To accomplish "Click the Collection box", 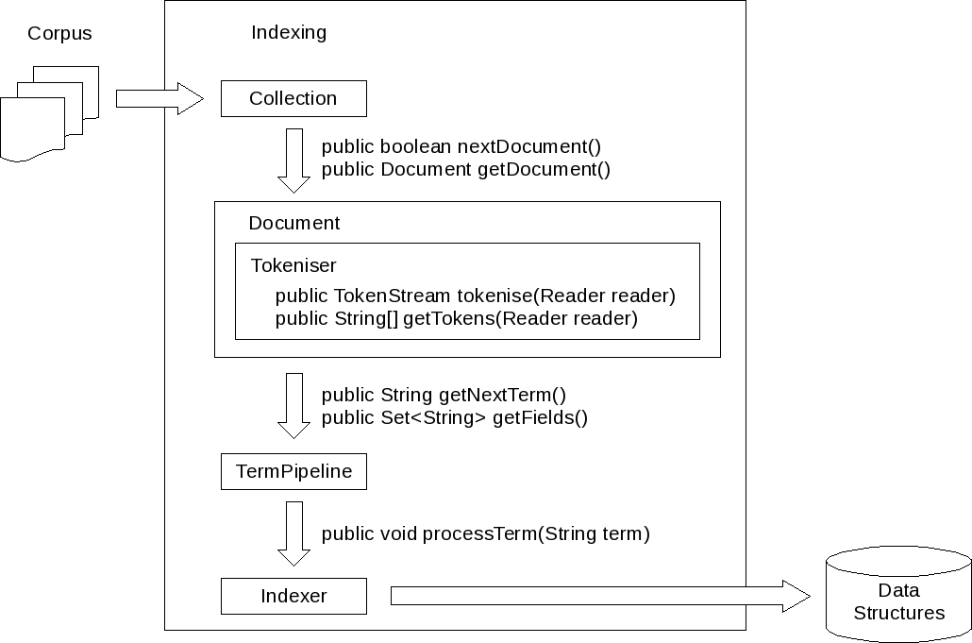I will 293,98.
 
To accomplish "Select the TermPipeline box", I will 293,471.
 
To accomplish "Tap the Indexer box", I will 293,596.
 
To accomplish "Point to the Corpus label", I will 59,33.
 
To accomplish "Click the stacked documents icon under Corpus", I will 49,112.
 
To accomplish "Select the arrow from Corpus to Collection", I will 159,98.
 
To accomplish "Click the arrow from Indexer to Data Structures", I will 599,596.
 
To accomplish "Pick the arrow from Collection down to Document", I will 293,160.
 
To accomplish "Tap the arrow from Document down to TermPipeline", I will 293,405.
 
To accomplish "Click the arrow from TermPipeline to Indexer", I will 293,533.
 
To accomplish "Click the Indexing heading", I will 289,32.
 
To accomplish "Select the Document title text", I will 293,224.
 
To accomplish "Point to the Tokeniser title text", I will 293,265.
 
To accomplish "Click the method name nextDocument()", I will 528,146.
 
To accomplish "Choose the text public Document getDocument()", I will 466,170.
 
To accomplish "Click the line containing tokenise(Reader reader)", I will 475,296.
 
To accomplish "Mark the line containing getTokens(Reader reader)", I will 456,319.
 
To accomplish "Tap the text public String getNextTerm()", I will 444,395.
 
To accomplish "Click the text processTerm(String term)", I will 536,533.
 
